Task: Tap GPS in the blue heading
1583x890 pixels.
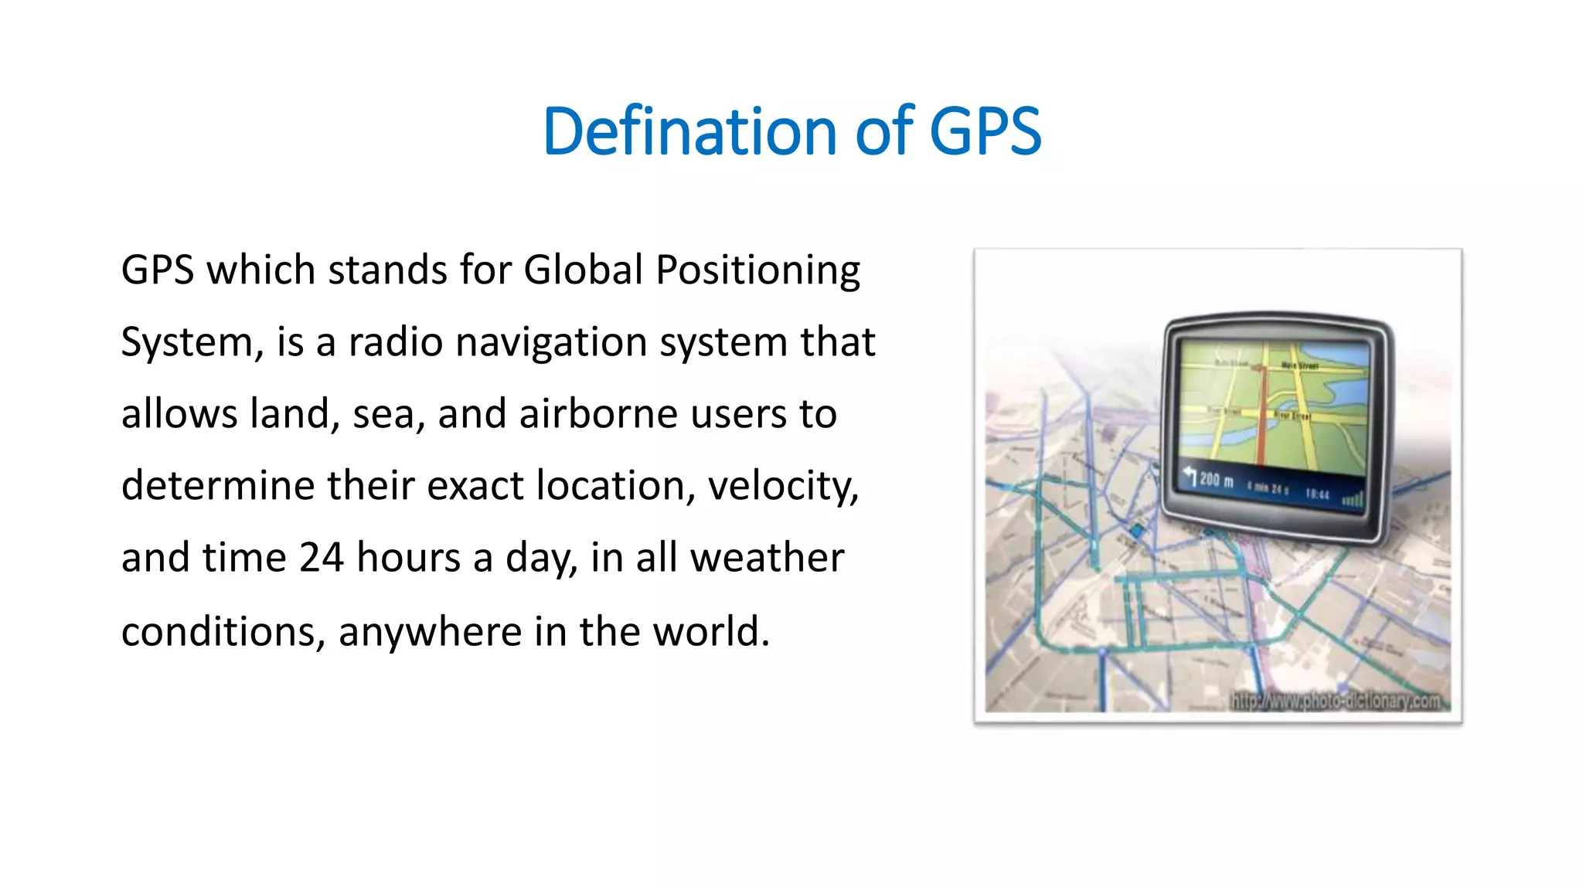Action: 985,131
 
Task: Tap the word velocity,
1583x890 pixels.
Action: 782,486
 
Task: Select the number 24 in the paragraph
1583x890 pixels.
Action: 321,557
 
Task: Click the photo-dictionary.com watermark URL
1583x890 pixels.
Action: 1335,701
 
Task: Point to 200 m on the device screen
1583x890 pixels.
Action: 1216,481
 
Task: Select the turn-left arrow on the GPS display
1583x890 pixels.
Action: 1190,474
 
